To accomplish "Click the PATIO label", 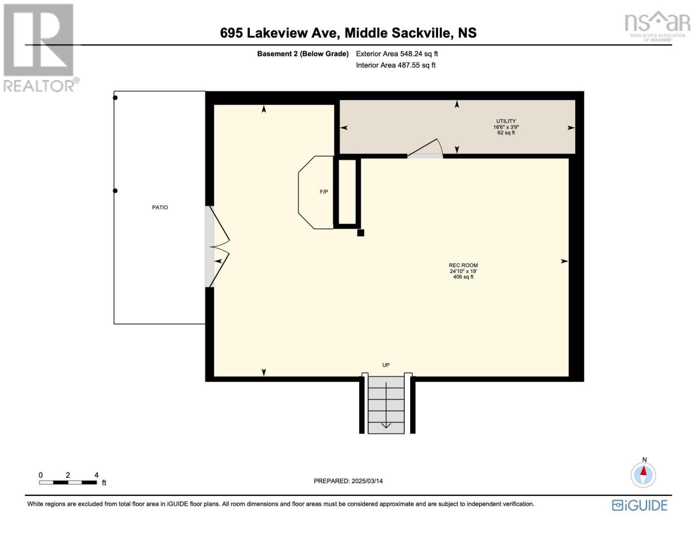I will click(x=160, y=208).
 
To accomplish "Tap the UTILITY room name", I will click(x=506, y=121).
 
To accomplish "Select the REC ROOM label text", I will click(x=463, y=265).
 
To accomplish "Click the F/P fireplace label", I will click(x=324, y=192).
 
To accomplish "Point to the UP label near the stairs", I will click(x=386, y=365).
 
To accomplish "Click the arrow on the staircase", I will click(x=386, y=424).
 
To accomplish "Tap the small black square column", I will click(x=360, y=233).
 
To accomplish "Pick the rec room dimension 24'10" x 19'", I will click(x=463, y=271).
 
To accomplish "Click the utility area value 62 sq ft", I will click(x=506, y=133).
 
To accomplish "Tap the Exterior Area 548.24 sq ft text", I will click(x=397, y=54).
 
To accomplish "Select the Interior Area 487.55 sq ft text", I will click(x=395, y=66).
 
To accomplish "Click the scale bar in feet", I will click(x=68, y=482).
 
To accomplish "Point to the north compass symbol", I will click(x=643, y=474).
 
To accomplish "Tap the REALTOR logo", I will click(x=39, y=48).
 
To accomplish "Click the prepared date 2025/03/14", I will click(x=348, y=481).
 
